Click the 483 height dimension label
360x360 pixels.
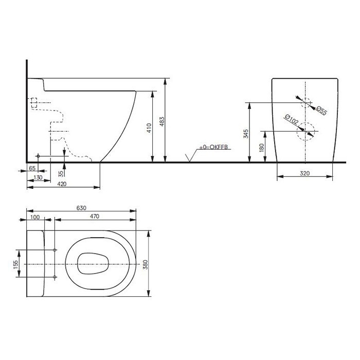[x=162, y=122]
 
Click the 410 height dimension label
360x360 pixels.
[x=149, y=128]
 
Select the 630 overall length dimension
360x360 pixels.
[x=81, y=208]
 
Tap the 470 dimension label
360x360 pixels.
[x=95, y=217]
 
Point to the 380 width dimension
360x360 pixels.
[x=145, y=264]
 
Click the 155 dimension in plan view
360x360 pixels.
[x=15, y=265]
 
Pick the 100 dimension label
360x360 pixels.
[x=35, y=217]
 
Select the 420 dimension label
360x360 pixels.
[x=62, y=184]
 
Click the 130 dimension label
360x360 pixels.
[x=38, y=177]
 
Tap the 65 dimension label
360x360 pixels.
[x=32, y=168]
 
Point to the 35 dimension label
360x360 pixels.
[x=61, y=174]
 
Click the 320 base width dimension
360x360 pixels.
[x=304, y=173]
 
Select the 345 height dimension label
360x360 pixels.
[x=246, y=134]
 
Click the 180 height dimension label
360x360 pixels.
[x=261, y=148]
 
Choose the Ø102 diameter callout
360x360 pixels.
[x=291, y=119]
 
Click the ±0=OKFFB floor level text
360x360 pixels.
[x=213, y=147]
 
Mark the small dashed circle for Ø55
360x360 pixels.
[x=305, y=103]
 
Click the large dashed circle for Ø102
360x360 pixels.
[x=305, y=131]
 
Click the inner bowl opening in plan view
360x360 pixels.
[x=93, y=263]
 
